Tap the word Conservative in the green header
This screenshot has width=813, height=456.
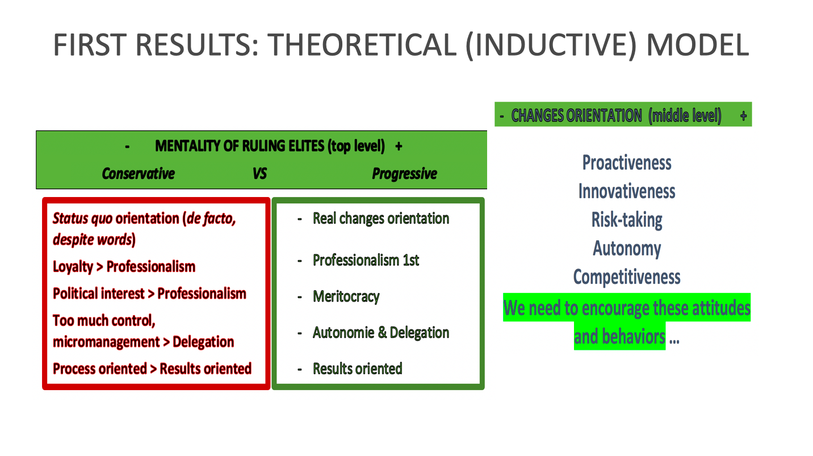(x=139, y=174)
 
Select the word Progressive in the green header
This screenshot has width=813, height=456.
(x=405, y=174)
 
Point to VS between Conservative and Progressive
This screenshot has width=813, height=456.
(x=259, y=174)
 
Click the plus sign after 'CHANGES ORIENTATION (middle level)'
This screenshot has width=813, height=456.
(x=743, y=116)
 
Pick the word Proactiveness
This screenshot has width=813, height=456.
(x=627, y=162)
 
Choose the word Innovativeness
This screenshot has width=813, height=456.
(x=627, y=191)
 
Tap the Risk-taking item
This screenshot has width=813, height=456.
(x=627, y=220)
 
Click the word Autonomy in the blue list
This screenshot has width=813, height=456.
(x=627, y=249)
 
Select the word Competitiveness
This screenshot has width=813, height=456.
(x=627, y=277)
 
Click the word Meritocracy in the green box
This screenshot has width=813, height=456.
(x=346, y=296)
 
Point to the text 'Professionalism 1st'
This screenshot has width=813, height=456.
(x=366, y=260)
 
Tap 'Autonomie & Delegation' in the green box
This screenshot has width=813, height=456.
(x=381, y=333)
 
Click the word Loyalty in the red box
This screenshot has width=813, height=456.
(x=73, y=267)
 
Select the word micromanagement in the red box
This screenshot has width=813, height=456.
(x=106, y=342)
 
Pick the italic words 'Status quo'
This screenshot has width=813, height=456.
(x=82, y=219)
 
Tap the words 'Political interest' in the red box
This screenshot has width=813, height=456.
(x=99, y=294)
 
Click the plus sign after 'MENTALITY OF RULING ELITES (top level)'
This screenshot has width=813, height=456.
(x=399, y=147)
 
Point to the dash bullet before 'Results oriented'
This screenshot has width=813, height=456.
(x=300, y=370)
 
